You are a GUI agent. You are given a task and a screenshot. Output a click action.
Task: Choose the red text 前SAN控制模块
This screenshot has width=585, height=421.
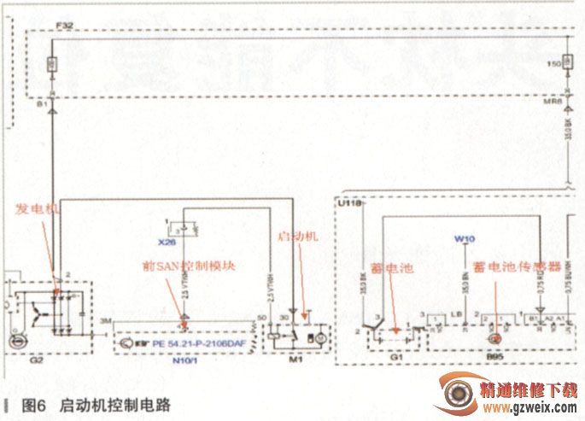189,266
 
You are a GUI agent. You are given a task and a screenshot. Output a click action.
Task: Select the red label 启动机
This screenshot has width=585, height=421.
298,237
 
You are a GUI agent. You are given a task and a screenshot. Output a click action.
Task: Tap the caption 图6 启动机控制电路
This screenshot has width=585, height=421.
95,405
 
